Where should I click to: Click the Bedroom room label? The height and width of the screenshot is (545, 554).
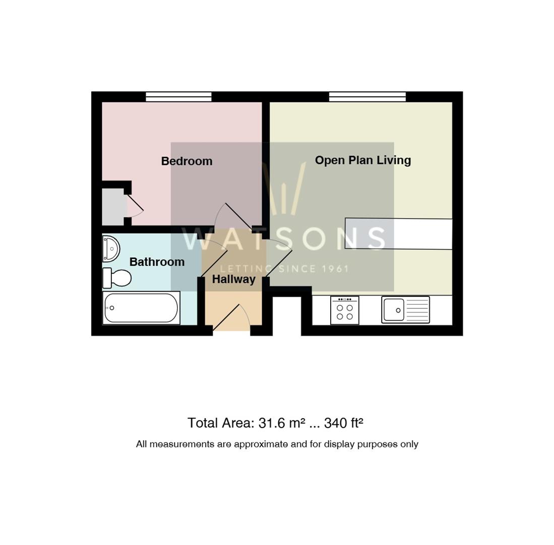187,161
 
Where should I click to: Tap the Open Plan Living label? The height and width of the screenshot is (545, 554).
363,160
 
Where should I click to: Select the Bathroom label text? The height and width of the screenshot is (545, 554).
157,262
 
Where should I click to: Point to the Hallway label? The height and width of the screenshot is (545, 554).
233,279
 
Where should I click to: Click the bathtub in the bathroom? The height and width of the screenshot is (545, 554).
141,308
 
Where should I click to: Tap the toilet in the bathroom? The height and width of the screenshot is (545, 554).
117,278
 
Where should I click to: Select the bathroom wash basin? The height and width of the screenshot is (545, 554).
111,249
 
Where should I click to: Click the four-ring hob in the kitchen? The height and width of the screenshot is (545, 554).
344,310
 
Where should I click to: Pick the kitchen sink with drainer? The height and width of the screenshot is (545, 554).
406,310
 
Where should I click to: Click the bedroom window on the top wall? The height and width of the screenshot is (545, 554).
179,96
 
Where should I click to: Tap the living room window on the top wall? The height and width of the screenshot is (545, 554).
367,96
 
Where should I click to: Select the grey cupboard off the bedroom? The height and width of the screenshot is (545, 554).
113,206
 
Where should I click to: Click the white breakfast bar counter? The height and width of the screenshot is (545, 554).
399,234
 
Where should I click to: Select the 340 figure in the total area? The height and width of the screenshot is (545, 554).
334,423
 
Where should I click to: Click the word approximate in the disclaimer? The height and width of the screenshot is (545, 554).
261,444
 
